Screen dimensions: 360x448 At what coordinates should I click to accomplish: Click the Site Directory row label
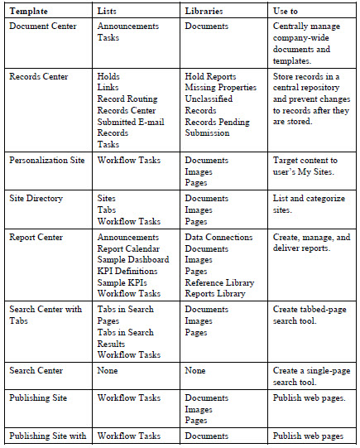[x=36, y=199]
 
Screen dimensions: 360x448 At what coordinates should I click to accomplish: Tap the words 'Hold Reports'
[x=211, y=77]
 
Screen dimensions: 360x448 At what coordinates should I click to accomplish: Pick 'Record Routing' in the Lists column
[x=127, y=99]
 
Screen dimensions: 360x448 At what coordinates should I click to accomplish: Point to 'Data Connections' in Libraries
[x=218, y=237]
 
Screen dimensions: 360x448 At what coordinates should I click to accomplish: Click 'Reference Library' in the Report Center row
[x=219, y=282]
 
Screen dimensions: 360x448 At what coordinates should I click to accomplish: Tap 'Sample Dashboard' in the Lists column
[x=133, y=259]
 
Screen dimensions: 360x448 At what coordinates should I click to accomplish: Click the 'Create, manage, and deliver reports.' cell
[x=311, y=243]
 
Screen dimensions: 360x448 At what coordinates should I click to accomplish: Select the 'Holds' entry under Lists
[x=108, y=77]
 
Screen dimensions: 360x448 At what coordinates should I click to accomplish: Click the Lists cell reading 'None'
[x=109, y=371]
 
